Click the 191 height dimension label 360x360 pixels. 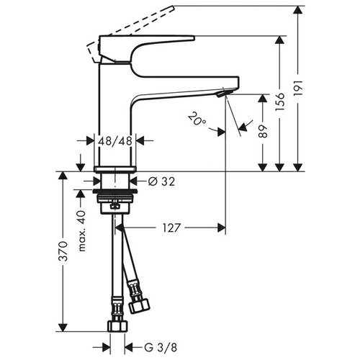click(x=299, y=89)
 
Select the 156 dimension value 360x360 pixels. click(x=280, y=102)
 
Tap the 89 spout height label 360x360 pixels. click(x=263, y=131)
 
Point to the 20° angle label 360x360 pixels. click(x=197, y=119)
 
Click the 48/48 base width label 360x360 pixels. click(x=115, y=141)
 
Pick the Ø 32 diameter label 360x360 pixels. click(x=161, y=181)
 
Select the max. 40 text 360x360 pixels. click(x=82, y=230)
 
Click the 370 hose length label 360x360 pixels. click(x=63, y=251)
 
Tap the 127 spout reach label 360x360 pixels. click(x=171, y=228)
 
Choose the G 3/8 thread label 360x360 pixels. click(x=161, y=347)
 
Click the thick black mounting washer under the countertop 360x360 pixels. click(x=115, y=192)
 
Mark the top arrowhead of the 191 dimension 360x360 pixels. click(x=298, y=10)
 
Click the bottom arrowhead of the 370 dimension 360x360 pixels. click(x=63, y=327)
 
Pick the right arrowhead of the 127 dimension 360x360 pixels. click(x=222, y=228)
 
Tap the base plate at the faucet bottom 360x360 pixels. click(x=115, y=169)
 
